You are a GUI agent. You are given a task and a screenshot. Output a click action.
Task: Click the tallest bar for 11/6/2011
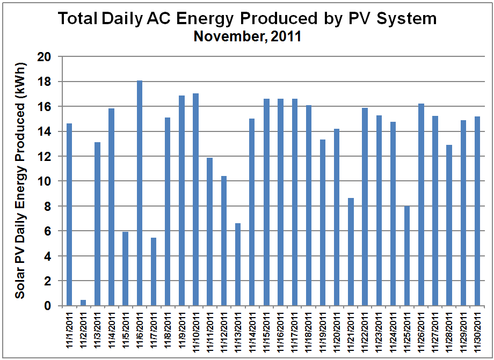[140, 193]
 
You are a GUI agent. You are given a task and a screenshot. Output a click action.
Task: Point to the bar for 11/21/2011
[351, 252]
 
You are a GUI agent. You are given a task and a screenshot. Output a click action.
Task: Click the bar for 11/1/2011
[69, 215]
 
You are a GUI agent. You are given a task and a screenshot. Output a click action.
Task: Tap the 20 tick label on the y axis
[49, 56]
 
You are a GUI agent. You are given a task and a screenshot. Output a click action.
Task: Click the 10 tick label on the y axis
[49, 181]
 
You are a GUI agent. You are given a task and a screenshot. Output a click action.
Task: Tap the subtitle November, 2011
[247, 37]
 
